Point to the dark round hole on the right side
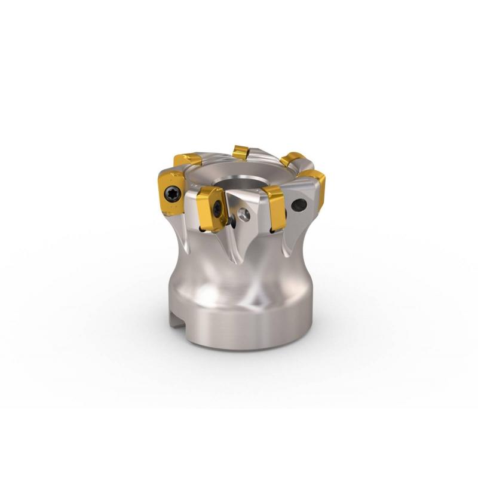click(x=299, y=206)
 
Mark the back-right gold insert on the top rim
click(x=293, y=159)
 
